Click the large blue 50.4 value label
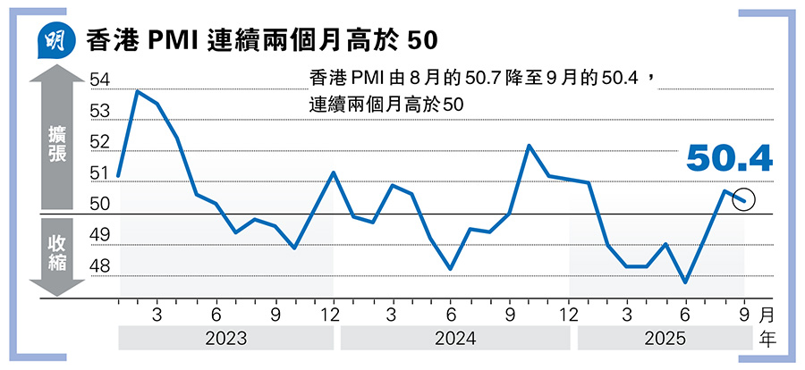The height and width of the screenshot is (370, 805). pos(729,159)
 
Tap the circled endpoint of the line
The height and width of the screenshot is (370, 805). pos(744,200)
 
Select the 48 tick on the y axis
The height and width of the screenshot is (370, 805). pos(99,266)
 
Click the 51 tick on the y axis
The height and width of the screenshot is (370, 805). pos(99,173)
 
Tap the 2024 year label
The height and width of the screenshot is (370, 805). pos(455,339)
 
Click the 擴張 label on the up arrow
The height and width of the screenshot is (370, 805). pos(55,143)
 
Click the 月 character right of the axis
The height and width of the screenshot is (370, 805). pos(767,315)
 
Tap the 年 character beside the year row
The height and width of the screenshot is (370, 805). pos(767,339)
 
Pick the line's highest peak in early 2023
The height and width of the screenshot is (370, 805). pos(138,91)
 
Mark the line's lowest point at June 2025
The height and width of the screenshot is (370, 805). pos(685,282)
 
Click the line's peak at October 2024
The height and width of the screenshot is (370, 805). pos(530,146)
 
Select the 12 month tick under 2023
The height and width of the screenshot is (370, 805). pos(333,315)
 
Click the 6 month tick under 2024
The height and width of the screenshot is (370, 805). pos(451,315)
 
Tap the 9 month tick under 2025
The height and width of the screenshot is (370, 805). pos(744,315)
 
